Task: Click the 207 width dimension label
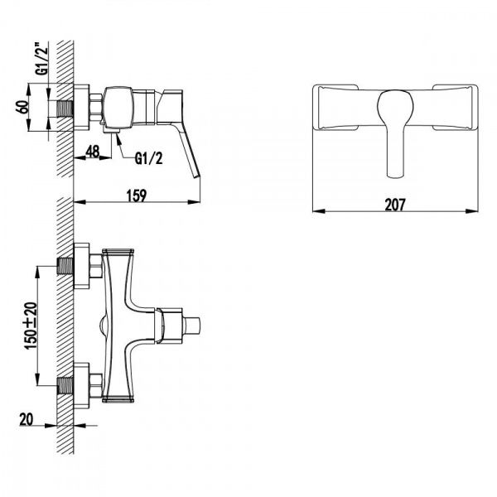pyautogui.click(x=395, y=205)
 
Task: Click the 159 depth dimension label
pyautogui.click(x=137, y=195)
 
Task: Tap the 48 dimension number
pyautogui.click(x=93, y=152)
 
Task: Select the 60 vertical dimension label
pyautogui.click(x=22, y=107)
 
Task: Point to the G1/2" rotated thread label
pyautogui.click(x=42, y=60)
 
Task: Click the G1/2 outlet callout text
pyautogui.click(x=148, y=158)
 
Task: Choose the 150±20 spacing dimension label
pyautogui.click(x=31, y=326)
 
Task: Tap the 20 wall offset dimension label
pyautogui.click(x=26, y=419)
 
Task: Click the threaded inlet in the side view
pyautogui.click(x=65, y=109)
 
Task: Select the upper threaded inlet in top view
pyautogui.click(x=65, y=266)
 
